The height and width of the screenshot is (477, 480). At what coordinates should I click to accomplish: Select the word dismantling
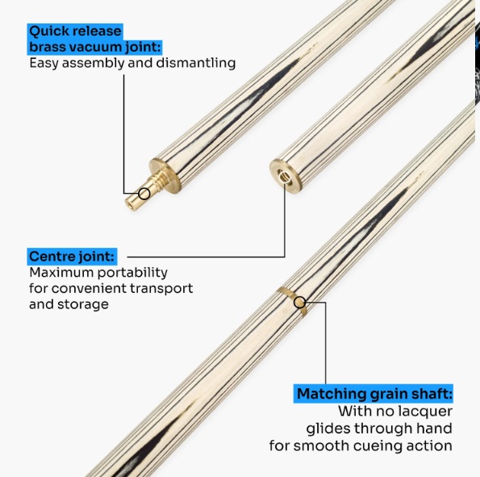click(196, 63)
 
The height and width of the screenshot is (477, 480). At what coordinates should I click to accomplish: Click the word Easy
click(44, 64)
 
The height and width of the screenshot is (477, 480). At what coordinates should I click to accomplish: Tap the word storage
click(83, 304)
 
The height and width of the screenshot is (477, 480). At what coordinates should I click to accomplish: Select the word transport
click(161, 289)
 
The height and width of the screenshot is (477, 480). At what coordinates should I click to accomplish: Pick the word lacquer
click(424, 412)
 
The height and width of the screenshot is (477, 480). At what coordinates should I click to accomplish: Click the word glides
click(328, 429)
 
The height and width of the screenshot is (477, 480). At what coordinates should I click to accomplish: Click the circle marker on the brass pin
click(144, 194)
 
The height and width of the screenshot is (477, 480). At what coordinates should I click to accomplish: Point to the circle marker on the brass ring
click(299, 303)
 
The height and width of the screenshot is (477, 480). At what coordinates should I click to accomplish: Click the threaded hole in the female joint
click(284, 177)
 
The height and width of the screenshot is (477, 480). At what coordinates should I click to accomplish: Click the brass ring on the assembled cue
click(292, 302)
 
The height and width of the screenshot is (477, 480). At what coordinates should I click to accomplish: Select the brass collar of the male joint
click(165, 174)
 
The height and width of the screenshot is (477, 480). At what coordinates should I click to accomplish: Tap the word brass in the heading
click(48, 47)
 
